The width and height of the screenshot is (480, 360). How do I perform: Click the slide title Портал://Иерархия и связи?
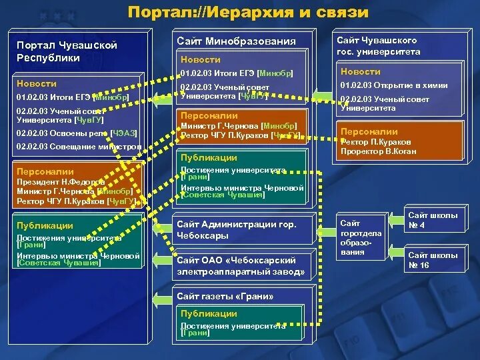coord(247,12)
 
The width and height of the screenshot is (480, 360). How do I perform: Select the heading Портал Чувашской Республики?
coord(67,51)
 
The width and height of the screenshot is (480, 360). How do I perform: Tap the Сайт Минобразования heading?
coord(236,41)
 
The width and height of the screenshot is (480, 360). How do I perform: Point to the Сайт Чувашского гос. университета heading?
coord(378,46)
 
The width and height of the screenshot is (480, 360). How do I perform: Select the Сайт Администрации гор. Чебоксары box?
coord(237,230)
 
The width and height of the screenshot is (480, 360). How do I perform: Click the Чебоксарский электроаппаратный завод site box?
coord(241,266)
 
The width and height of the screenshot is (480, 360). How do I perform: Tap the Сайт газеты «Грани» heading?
coord(225,296)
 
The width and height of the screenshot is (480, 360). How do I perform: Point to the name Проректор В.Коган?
coord(378,151)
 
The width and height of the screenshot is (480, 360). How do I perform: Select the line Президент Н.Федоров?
coord(61,181)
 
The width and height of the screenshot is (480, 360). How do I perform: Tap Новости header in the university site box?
coord(361,71)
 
